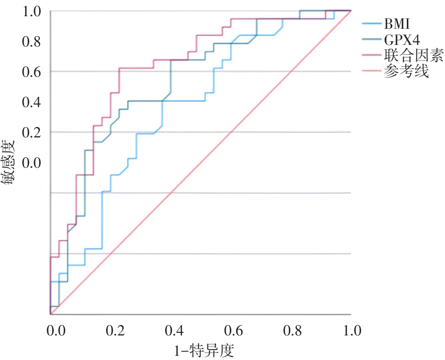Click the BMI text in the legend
(x=397, y=24)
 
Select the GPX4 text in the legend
(x=402, y=40)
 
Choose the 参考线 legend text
(x=406, y=72)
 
